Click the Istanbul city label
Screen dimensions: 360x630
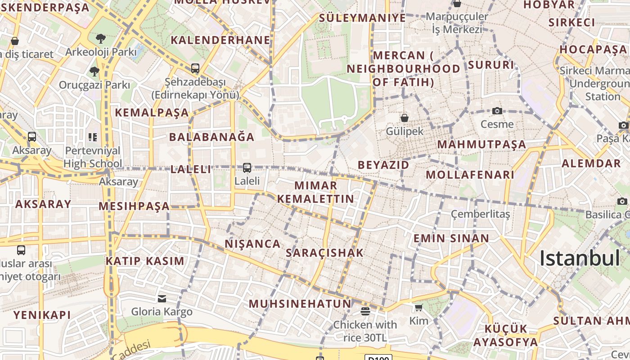tap(580, 258)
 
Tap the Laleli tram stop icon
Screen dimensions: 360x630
tap(247, 168)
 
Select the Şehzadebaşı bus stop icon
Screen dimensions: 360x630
tap(195, 68)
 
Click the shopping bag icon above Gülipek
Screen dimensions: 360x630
tap(405, 118)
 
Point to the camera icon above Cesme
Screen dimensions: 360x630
tap(497, 111)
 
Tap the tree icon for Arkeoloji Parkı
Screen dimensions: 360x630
tap(100, 39)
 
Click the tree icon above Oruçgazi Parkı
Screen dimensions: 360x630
tap(94, 71)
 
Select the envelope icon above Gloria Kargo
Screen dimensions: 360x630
tap(162, 298)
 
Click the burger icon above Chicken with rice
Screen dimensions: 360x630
tap(365, 311)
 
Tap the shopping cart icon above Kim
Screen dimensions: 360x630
tap(418, 308)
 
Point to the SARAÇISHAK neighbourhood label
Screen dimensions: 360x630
tap(324, 253)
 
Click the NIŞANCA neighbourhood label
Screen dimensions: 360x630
tap(252, 244)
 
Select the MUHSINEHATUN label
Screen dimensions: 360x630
tap(300, 304)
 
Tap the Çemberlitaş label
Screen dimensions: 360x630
tap(480, 214)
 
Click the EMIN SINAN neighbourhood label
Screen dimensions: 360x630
tap(451, 238)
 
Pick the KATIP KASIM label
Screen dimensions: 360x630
tap(145, 261)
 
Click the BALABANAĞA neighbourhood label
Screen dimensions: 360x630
tap(212, 137)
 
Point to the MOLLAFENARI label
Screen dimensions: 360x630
tap(469, 175)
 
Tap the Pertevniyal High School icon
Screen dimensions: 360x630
tap(92, 137)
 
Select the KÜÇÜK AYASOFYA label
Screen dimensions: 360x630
tap(505, 335)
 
